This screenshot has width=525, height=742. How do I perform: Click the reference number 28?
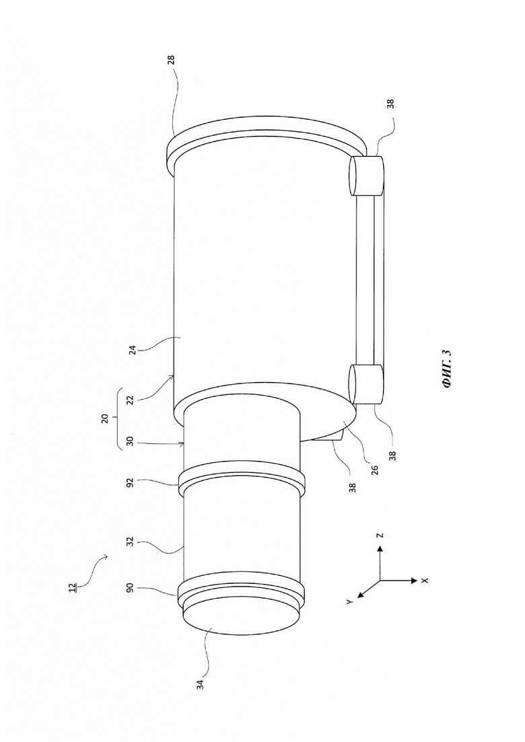point(171,60)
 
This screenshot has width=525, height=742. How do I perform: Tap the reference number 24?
point(133,350)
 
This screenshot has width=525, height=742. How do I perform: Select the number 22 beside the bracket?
point(132,400)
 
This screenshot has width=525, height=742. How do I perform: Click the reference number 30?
point(132,443)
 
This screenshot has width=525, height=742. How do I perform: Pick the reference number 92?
point(132,482)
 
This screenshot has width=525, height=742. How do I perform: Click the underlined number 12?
point(72,588)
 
